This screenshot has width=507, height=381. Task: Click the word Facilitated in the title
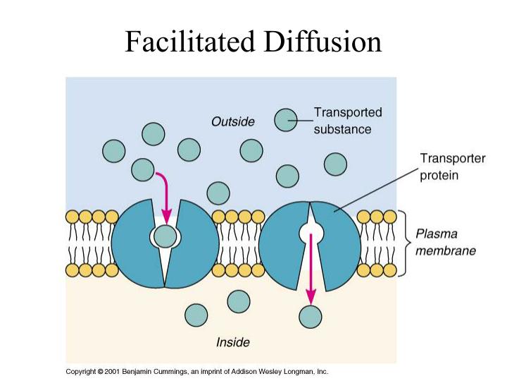pyautogui.click(x=191, y=42)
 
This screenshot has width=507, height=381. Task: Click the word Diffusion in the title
pyautogui.click(x=323, y=42)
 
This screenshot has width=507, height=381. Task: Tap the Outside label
pyautogui.click(x=232, y=122)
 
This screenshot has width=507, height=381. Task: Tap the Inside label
pyautogui.click(x=232, y=343)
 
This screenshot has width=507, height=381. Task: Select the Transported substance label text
pyautogui.click(x=347, y=121)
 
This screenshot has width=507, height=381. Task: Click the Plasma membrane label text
pyautogui.click(x=445, y=241)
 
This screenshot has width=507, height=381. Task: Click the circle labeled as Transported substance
pyautogui.click(x=285, y=121)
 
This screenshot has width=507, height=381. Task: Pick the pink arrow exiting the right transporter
pyautogui.click(x=311, y=268)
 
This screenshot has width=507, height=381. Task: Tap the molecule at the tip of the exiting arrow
pyautogui.click(x=311, y=317)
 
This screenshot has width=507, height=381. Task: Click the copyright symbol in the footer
pyautogui.click(x=101, y=371)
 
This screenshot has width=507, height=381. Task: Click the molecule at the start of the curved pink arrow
pyautogui.click(x=143, y=169)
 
